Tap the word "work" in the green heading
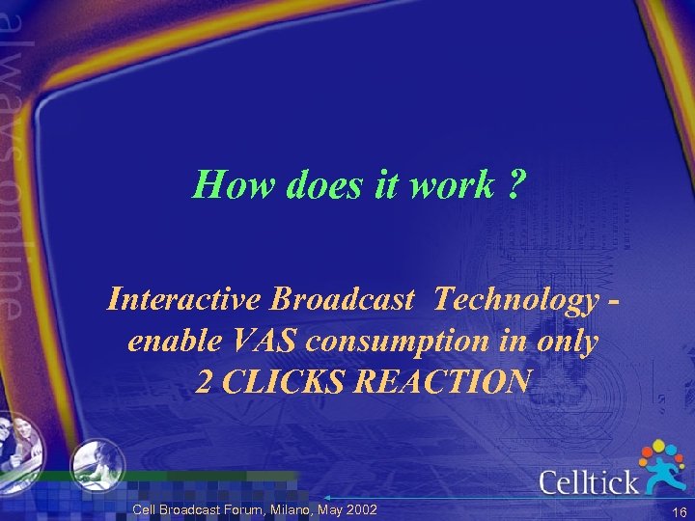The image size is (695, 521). (452, 183)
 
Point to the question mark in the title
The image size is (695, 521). (515, 183)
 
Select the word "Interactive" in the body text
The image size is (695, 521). (184, 300)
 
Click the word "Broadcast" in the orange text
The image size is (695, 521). (344, 300)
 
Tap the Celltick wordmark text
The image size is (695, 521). (588, 480)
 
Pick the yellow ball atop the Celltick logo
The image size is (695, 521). (659, 445)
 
